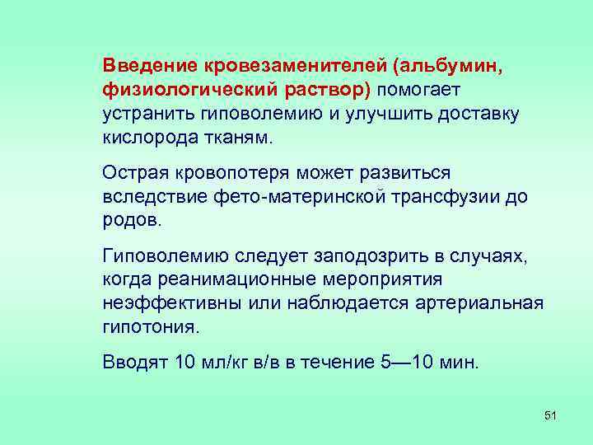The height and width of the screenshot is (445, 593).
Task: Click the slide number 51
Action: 551,415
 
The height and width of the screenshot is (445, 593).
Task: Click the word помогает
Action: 421,88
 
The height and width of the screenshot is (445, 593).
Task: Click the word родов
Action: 133,221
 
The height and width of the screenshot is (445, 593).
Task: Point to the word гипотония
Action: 151,328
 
